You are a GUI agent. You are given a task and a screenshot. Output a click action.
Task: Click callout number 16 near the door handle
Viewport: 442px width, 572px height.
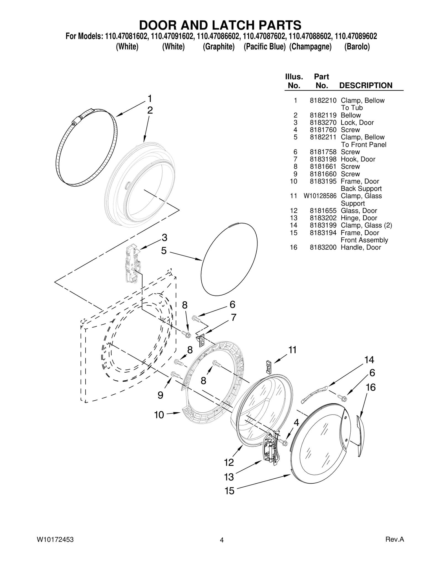coord(370,388)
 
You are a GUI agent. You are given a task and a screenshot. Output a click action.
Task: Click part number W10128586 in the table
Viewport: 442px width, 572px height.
coord(320,196)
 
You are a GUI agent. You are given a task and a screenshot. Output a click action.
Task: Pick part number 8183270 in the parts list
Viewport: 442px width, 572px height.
coord(323,123)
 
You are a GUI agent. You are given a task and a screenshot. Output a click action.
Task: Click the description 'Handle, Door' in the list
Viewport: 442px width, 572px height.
coord(361,247)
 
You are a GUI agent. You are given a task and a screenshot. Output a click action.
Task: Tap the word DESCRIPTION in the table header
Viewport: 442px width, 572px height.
coord(365,86)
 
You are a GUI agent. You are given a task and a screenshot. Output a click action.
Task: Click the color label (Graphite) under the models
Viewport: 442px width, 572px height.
coord(219,47)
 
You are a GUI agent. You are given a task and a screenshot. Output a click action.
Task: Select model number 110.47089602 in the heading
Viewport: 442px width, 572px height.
coord(356,36)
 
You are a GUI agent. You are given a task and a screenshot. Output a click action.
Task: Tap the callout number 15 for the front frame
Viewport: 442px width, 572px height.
coord(229,491)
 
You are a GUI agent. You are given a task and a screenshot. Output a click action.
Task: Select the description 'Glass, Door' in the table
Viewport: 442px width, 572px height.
coord(359,211)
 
